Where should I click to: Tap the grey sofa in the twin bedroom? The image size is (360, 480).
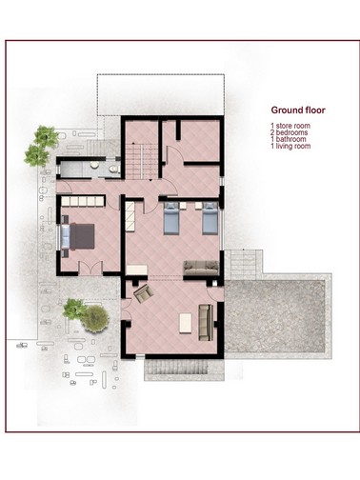pos(201,270)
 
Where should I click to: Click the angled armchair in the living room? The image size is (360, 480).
pos(143,292)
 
